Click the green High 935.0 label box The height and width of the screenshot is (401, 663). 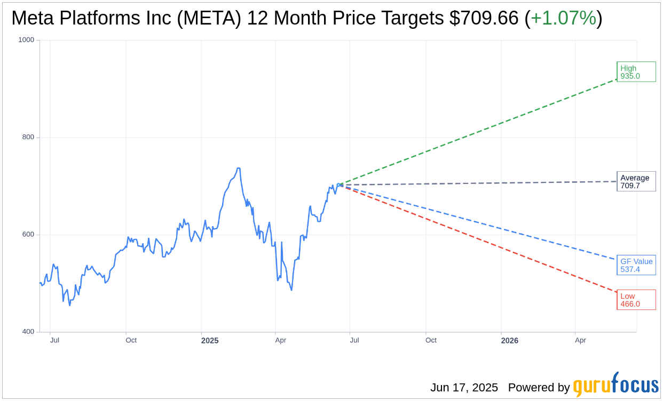(x=636, y=72)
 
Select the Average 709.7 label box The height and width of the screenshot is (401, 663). (x=636, y=182)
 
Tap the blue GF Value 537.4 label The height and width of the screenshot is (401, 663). (x=636, y=265)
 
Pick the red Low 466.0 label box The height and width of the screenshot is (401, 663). (x=636, y=300)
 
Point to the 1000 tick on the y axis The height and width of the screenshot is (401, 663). (x=26, y=40)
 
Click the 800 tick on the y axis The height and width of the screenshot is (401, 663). (x=28, y=137)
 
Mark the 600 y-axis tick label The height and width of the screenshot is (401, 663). (x=28, y=235)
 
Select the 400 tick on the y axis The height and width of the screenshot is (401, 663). (x=28, y=332)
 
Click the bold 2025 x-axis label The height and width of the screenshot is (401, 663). (x=210, y=340)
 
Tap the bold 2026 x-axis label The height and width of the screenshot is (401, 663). (x=509, y=340)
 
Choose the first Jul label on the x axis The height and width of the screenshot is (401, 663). (x=54, y=340)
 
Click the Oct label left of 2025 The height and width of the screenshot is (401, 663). (x=131, y=340)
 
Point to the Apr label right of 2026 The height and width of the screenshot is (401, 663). (x=580, y=340)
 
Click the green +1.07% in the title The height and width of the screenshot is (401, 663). (x=563, y=18)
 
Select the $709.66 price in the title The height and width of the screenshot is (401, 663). (x=484, y=18)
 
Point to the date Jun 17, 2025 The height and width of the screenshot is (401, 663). (x=464, y=388)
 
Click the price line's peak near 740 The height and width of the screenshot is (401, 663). (x=238, y=169)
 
